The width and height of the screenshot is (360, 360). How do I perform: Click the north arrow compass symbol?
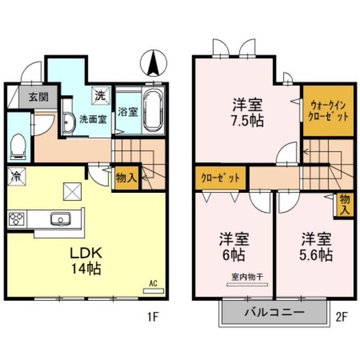153,63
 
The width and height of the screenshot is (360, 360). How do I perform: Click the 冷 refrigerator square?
15,176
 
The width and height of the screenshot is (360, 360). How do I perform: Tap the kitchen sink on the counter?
59,220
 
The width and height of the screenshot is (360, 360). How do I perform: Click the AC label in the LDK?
153,284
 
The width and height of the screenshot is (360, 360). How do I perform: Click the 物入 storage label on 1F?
126,177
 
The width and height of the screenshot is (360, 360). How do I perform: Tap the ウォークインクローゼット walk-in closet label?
327,111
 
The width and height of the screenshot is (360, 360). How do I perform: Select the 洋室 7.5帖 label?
247,112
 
